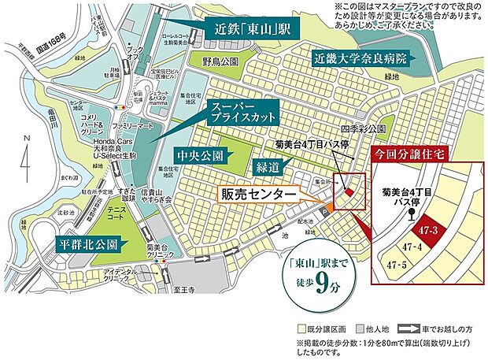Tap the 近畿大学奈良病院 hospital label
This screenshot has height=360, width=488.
pyautogui.click(x=360, y=59)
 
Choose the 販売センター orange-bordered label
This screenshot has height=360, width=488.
pyautogui.click(x=260, y=192)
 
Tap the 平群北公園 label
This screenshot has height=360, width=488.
pyautogui.click(x=87, y=243)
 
